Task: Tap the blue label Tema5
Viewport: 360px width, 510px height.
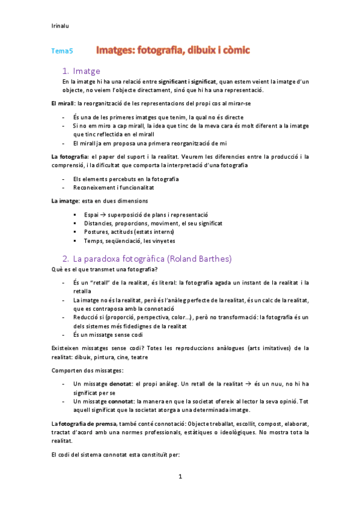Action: tap(62, 52)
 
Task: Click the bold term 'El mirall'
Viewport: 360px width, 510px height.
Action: tap(61, 103)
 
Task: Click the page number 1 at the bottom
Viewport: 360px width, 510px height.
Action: tap(180, 477)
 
